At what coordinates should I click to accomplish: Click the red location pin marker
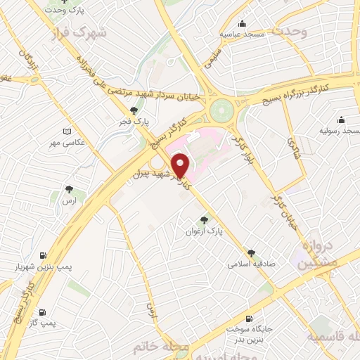(x=181, y=165)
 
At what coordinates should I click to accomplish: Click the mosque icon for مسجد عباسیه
(x=243, y=23)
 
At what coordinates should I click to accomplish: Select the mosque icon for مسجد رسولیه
(x=341, y=120)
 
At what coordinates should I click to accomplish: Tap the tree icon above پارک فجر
(x=134, y=110)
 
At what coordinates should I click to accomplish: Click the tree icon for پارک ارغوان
(x=205, y=219)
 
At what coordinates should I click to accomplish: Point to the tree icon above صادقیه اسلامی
(x=251, y=253)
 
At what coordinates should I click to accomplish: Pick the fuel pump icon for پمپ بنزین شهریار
(x=44, y=255)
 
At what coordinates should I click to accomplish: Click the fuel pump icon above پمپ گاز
(x=42, y=312)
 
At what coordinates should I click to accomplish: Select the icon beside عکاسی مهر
(x=67, y=131)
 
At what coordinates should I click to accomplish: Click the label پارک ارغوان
(x=207, y=231)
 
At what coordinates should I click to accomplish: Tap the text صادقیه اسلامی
(x=250, y=265)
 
